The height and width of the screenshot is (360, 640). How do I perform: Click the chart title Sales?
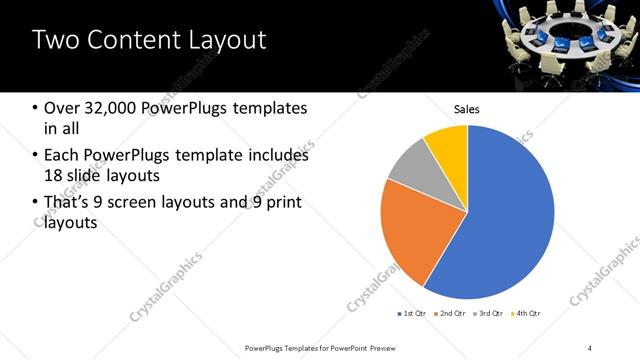pyautogui.click(x=467, y=109)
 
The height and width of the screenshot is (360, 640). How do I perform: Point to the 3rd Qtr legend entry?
pyautogui.click(x=487, y=315)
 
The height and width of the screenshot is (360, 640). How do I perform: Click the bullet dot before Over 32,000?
pyautogui.click(x=36, y=108)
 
